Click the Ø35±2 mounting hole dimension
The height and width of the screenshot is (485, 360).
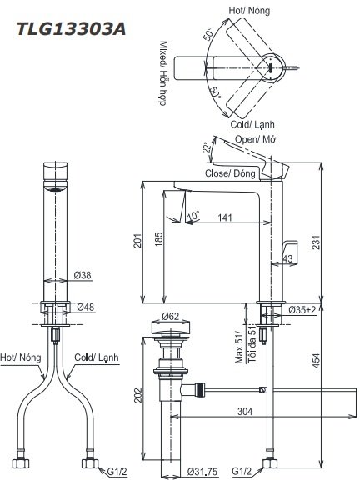tap(302, 310)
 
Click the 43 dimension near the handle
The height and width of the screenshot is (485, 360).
tap(287, 260)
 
